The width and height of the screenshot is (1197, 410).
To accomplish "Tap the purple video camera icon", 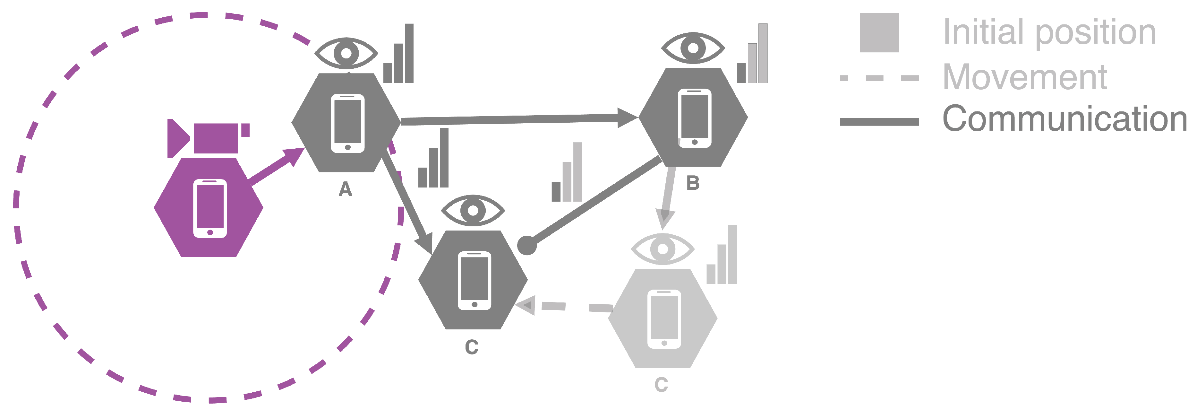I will coord(208,138).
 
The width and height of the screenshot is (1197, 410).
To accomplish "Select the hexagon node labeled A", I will coord(346,123).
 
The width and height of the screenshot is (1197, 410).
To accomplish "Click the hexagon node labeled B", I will coord(693,118).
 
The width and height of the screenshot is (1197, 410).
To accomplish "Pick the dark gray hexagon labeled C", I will coord(473,280).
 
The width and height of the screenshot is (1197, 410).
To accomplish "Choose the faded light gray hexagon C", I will coord(663,318).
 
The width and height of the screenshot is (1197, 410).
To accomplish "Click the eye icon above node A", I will coord(346,53).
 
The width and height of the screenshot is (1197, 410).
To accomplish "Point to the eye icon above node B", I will coord(693,48).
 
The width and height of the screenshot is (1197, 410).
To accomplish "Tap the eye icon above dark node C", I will coord(473,211).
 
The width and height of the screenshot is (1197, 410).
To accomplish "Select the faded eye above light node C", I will coord(663,249).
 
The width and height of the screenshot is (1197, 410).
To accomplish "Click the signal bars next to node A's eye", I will coord(398,54).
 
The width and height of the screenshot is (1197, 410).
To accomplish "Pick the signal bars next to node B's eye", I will coord(752,54).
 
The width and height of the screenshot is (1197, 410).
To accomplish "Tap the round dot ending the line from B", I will coord(527,245).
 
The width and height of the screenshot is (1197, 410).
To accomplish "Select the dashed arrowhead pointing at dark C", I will coord(526,305).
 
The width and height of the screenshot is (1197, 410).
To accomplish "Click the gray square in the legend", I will coord(879,32).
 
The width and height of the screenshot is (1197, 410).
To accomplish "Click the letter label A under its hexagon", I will coord(345,189).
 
